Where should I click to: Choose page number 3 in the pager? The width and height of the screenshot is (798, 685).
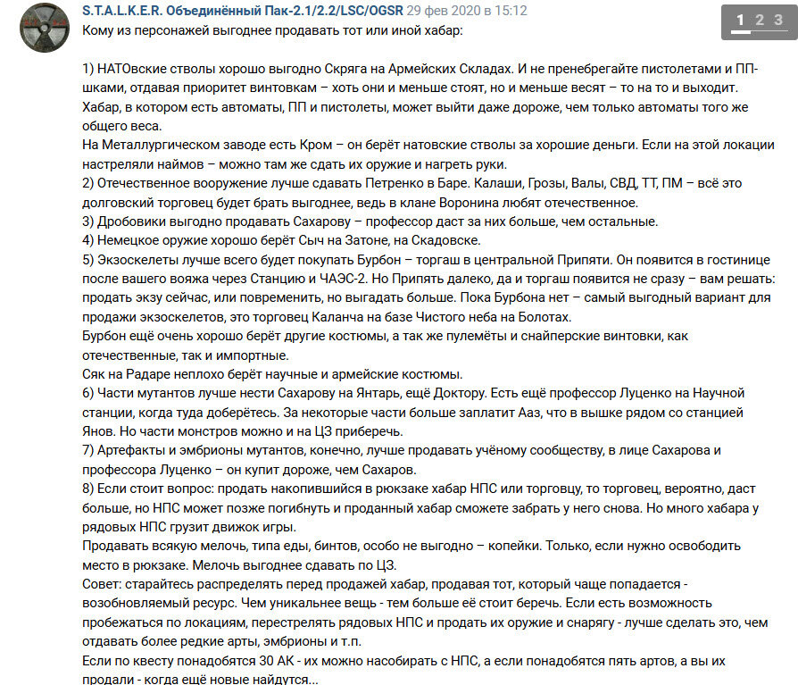point(783,21)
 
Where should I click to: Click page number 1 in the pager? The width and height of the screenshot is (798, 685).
point(740,21)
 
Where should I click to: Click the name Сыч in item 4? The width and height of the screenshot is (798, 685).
point(312,240)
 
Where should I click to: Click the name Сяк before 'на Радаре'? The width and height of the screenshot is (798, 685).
point(95,374)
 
